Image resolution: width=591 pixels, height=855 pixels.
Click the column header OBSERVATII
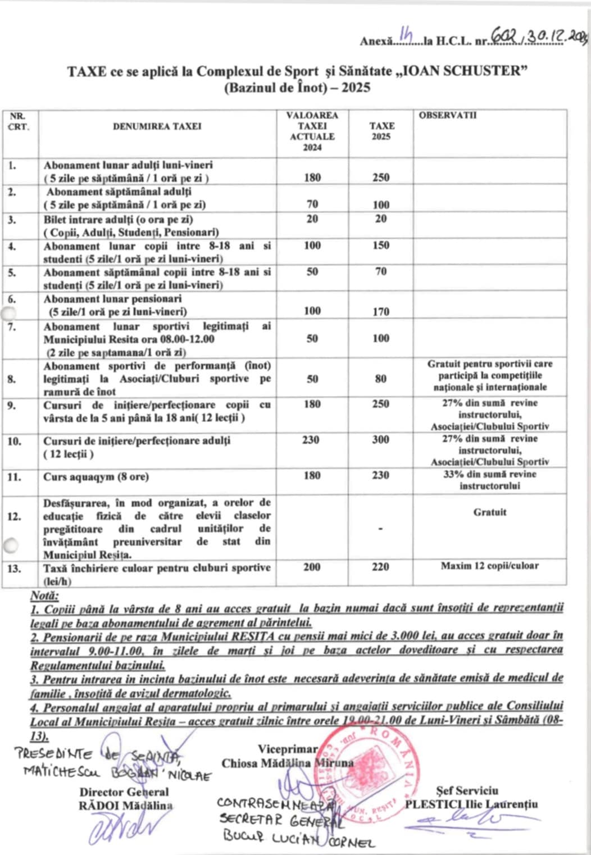pyautogui.click(x=447, y=115)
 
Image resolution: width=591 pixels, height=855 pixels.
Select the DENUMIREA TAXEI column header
pyautogui.click(x=157, y=126)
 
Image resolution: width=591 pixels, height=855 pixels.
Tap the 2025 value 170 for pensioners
pyautogui.click(x=380, y=311)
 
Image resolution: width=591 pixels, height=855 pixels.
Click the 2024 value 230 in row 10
pyautogui.click(x=311, y=440)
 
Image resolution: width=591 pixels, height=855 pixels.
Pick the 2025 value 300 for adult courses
pyautogui.click(x=380, y=440)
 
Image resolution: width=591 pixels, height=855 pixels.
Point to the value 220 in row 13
pyautogui.click(x=380, y=567)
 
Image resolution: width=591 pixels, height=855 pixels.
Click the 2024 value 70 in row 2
pyautogui.click(x=312, y=204)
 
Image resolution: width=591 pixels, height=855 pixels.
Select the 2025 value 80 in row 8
pyautogui.click(x=380, y=379)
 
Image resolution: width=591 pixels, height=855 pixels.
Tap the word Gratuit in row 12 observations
pyautogui.click(x=489, y=512)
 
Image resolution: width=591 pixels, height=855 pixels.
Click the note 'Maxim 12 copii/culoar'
pyautogui.click(x=489, y=566)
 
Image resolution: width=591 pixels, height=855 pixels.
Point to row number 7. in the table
pyautogui.click(x=12, y=326)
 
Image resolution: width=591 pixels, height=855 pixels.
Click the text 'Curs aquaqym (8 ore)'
pyautogui.click(x=96, y=477)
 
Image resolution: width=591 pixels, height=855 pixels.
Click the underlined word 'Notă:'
pyautogui.click(x=44, y=595)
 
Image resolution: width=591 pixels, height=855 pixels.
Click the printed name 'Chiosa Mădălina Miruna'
pyautogui.click(x=287, y=763)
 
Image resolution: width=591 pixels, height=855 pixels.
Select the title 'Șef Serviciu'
pyautogui.click(x=467, y=791)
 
